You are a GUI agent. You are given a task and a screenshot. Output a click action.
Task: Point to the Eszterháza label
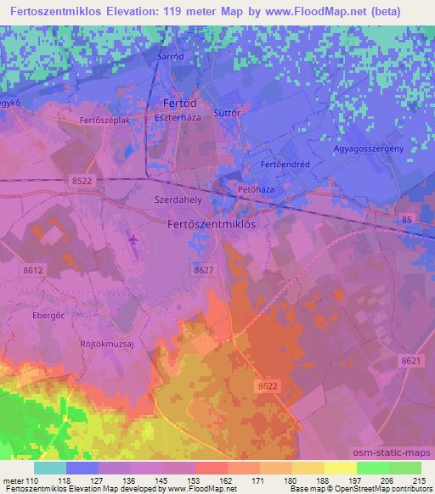[x=178, y=118]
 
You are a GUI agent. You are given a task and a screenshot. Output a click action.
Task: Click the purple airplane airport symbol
[x=133, y=239]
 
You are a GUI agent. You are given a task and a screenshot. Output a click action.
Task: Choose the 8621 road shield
[x=411, y=361]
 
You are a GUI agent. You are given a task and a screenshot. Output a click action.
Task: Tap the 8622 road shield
[x=267, y=386]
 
